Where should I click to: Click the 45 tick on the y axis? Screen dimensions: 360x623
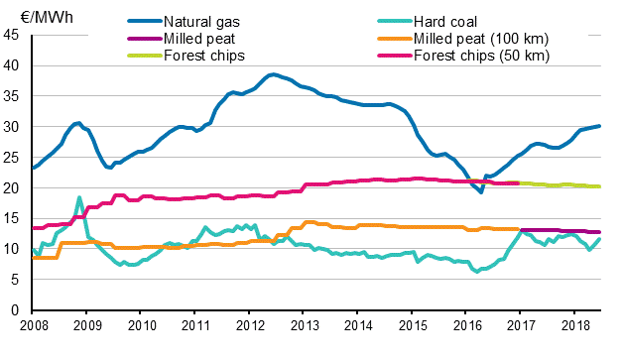pos(14,35)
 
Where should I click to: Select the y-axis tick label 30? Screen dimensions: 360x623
pos(14,127)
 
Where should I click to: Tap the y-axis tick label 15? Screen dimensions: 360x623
pos(14,218)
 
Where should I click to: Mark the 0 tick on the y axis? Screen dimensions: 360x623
pos(18,309)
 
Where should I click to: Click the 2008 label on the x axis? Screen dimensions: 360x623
pos(33,325)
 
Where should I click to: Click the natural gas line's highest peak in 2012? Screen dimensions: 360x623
pos(272,74)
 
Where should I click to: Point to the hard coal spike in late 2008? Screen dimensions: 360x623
pos(79,197)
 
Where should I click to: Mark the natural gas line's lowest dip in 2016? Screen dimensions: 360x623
pos(481,191)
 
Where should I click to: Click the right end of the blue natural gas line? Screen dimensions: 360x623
pos(600,126)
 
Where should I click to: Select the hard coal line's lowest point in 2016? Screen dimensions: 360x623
pos(477,271)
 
